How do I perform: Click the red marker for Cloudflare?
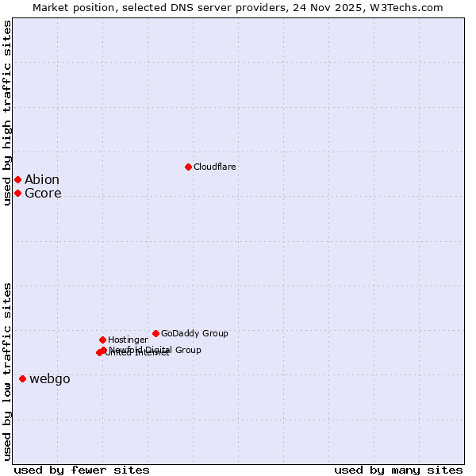[x=188, y=167]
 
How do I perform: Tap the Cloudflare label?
[x=214, y=167]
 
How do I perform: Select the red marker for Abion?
[x=17, y=179]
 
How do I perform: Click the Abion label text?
[x=42, y=179]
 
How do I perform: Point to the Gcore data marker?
[x=17, y=193]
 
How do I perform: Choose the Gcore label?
[x=43, y=193]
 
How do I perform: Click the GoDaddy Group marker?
[x=155, y=333]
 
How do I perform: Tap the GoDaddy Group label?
[x=194, y=333]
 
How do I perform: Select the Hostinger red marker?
[x=102, y=340]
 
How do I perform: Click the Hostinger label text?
[x=128, y=340]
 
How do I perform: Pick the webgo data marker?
[x=22, y=378]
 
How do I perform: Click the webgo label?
[x=50, y=378]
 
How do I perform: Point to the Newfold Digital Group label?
[x=155, y=349]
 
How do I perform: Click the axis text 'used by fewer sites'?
[x=82, y=470]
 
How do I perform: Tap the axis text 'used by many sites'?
[x=398, y=470]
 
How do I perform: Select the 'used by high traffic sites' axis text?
[x=7, y=113]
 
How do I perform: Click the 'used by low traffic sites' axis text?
[x=7, y=370]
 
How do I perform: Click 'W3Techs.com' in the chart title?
[x=412, y=7]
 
